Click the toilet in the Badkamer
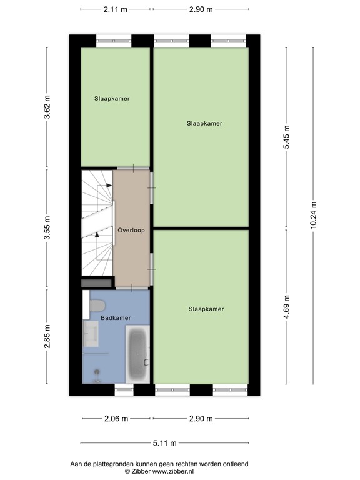(97, 306)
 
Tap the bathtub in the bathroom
(137, 354)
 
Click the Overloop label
(131, 230)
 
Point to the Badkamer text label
(116, 318)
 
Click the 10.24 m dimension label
(314, 216)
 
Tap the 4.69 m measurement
(287, 307)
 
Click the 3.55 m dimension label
(47, 229)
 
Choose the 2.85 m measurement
(47, 338)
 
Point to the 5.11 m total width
(164, 443)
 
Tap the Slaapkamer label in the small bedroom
(112, 98)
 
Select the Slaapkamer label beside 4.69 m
(206, 309)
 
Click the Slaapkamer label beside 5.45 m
(204, 123)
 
